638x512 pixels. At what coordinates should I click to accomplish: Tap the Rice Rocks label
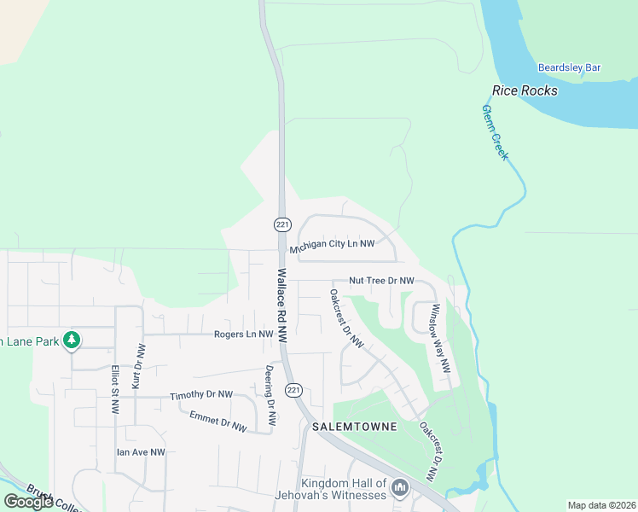tap(525, 90)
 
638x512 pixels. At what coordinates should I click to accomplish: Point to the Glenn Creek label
tap(495, 132)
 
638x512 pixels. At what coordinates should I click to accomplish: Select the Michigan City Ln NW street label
tap(332, 245)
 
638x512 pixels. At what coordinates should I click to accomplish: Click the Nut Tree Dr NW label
tap(381, 281)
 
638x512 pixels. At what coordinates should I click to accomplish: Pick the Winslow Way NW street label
tap(440, 338)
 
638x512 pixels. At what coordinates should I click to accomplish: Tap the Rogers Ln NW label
tap(243, 335)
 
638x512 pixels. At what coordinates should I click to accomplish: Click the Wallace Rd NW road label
tap(282, 306)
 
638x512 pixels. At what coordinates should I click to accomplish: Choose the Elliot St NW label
tap(114, 390)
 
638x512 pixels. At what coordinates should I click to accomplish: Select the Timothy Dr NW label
tap(201, 395)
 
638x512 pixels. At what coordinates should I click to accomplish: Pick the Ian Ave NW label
tap(141, 452)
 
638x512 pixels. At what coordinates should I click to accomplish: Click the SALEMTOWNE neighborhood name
tap(355, 426)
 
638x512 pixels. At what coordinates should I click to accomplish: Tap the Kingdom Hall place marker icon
tap(400, 489)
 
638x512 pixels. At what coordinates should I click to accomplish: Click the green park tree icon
tap(72, 340)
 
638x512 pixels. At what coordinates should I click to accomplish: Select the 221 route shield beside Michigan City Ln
tap(282, 224)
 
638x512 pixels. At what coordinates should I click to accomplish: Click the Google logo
tap(28, 502)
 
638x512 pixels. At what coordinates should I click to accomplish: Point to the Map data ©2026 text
tap(600, 505)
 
